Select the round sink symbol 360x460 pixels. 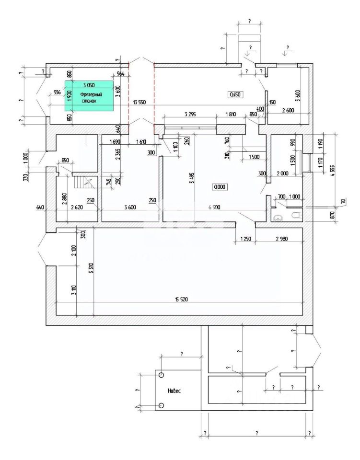click(x=277, y=218)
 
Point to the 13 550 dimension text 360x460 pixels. click(x=139, y=102)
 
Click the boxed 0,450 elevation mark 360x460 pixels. click(x=235, y=94)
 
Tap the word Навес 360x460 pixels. click(x=174, y=391)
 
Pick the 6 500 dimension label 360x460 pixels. click(x=214, y=207)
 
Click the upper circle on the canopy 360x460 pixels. click(x=162, y=375)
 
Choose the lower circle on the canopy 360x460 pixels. click(x=162, y=406)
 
